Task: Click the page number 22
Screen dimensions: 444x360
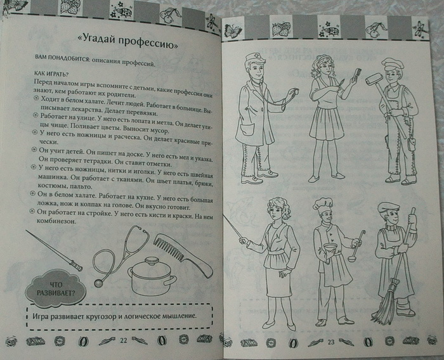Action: point(124,340)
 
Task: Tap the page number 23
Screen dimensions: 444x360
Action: point(331,342)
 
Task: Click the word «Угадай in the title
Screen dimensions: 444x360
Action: point(95,41)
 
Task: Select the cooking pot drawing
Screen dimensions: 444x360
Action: point(152,277)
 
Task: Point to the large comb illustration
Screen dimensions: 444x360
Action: point(183,255)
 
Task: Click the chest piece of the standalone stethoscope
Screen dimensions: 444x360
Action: point(98,283)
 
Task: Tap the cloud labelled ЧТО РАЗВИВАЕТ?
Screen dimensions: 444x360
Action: point(56,288)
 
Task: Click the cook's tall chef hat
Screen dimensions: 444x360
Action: point(324,204)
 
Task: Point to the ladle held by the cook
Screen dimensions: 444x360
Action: point(357,245)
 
